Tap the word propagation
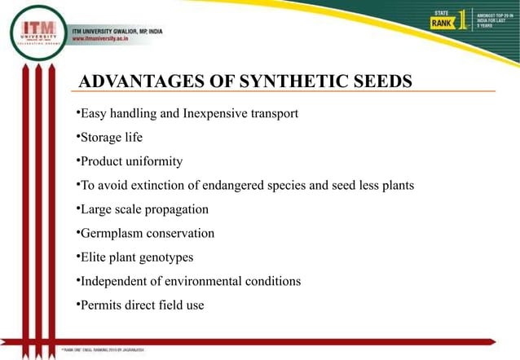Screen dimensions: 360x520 pos(176,209)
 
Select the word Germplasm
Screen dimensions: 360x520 pos(111,233)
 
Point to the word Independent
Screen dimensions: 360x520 pos(114,281)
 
